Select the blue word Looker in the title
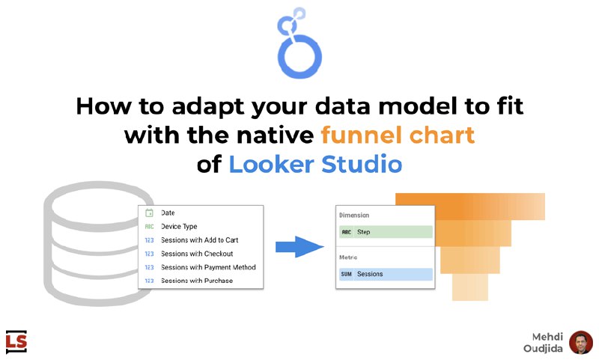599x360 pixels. tap(271, 164)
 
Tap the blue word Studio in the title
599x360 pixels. tap(362, 164)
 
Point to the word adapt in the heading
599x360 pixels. tap(209, 107)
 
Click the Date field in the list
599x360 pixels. tap(168, 213)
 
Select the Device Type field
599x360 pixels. tap(179, 226)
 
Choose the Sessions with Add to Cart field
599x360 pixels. tap(199, 240)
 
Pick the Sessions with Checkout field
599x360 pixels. tap(197, 254)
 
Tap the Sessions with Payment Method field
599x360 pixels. tap(208, 267)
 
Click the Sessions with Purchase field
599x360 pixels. tap(197, 281)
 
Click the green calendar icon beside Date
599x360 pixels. tap(149, 213)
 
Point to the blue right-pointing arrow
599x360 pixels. tap(300, 247)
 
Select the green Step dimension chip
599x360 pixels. tap(386, 232)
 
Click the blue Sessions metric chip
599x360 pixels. tap(386, 274)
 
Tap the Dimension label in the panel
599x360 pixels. tap(354, 216)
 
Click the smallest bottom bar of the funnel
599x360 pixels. tap(470, 287)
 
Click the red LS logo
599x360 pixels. tap(16, 341)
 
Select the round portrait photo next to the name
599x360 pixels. tap(581, 343)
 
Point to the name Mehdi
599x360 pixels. tap(547, 337)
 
